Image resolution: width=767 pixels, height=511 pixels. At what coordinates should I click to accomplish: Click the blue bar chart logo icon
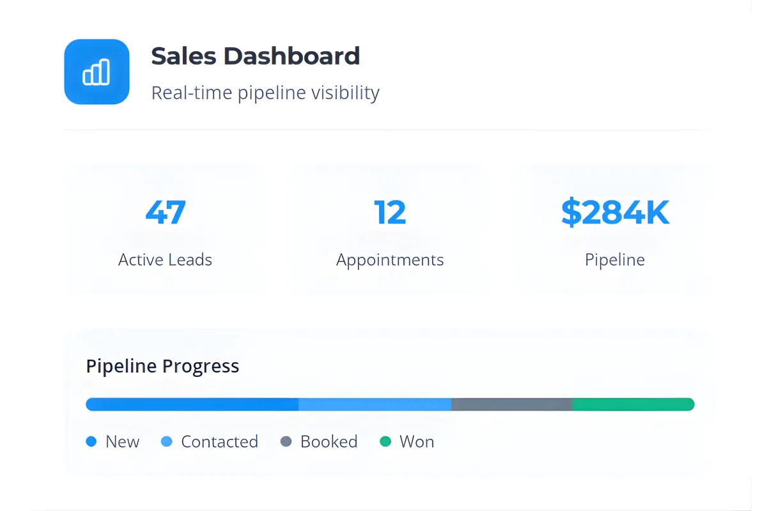97,72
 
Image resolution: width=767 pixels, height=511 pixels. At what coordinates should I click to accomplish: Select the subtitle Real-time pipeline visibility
265,93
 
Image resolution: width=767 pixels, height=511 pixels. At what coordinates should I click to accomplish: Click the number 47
166,213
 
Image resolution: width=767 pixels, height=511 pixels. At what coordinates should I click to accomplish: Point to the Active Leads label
165,260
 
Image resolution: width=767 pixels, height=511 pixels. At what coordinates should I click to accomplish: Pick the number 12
390,213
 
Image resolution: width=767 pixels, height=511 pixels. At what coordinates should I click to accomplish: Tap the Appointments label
390,260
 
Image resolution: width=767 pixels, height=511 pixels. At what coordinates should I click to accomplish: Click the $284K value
615,213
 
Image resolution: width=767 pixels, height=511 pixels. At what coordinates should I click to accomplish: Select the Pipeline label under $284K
615,260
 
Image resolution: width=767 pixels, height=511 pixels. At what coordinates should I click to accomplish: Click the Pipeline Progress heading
162,366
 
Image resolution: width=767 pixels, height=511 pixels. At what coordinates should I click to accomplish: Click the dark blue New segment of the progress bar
192,404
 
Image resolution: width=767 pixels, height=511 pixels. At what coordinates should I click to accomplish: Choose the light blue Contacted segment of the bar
375,404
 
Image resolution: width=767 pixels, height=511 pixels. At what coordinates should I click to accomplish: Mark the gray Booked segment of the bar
511,404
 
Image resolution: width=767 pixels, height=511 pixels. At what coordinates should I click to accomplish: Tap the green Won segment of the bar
633,404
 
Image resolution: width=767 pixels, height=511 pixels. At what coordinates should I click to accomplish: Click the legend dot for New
91,441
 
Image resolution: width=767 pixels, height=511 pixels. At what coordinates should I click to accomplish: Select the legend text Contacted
219,441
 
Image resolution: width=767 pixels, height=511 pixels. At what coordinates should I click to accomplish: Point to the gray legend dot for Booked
286,441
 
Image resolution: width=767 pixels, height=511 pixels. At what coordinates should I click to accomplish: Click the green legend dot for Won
385,441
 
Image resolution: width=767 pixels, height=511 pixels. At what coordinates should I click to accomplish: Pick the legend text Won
417,441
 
